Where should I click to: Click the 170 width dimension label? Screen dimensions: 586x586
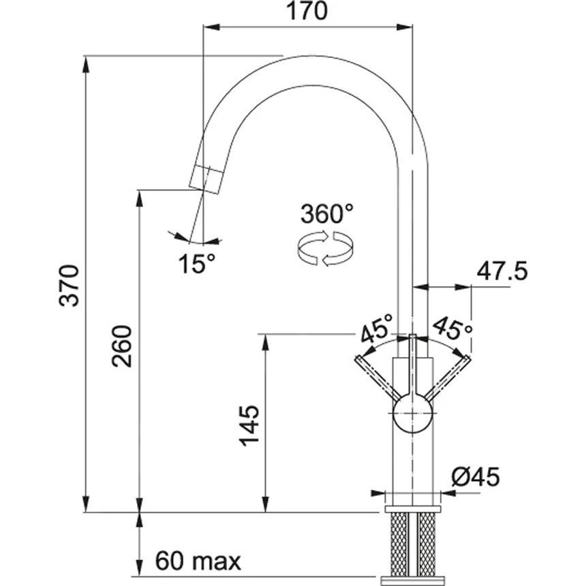(307, 12)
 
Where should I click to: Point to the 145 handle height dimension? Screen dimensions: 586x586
(249, 427)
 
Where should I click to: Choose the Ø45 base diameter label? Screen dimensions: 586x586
(475, 477)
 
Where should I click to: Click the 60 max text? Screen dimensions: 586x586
(198, 561)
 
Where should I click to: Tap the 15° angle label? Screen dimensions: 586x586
(197, 262)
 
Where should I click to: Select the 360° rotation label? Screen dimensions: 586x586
(327, 215)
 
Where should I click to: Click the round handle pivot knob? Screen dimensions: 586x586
(413, 412)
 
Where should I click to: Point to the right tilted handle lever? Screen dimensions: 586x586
(447, 377)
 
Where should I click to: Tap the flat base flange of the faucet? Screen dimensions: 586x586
(413, 509)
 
